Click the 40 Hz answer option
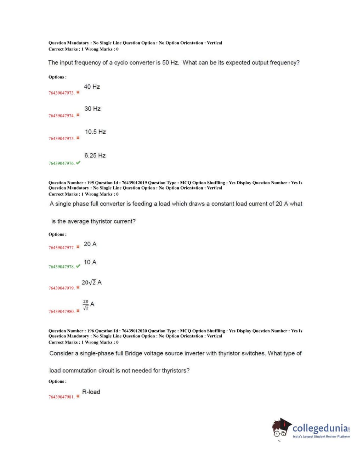[92, 87]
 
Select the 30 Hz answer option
[92, 109]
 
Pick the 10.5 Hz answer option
[95, 132]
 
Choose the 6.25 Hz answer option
[95, 156]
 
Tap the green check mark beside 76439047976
[78, 163]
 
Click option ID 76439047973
[61, 93]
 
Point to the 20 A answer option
[90, 244]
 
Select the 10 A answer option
[90, 262]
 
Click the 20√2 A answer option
[91, 282]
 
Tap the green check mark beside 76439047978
[78, 266]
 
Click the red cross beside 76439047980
[78, 311]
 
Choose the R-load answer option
[91, 392]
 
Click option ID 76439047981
[61, 397]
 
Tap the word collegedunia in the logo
[320, 428]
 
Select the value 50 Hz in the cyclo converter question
[170, 63]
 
